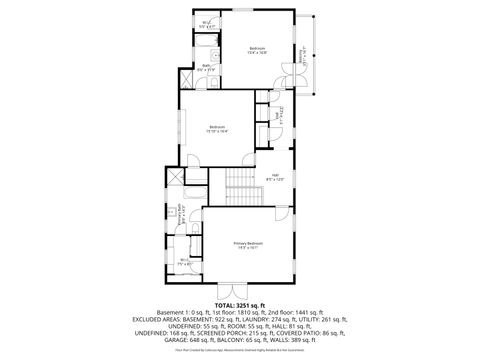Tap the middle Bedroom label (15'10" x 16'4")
(217, 128)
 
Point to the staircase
(240, 181)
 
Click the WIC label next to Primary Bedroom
(184, 263)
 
